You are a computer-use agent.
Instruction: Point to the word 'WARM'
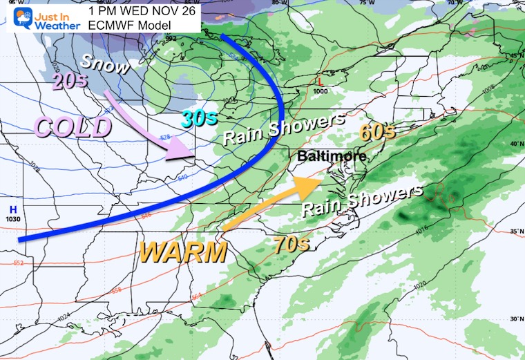tap(184, 252)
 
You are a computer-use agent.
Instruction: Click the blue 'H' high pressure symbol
tap(12, 209)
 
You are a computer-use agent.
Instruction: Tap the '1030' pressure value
tap(12, 219)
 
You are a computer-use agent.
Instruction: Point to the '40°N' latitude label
tap(515, 143)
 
